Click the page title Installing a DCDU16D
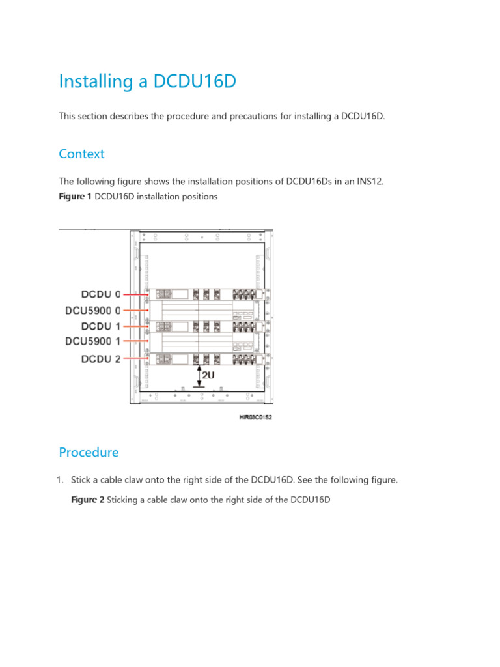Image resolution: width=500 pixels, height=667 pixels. [147, 82]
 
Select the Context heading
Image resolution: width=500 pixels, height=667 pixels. [81, 154]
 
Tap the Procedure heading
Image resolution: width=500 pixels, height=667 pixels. [89, 452]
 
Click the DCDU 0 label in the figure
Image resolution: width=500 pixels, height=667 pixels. [101, 294]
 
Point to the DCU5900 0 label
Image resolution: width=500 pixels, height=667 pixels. [93, 310]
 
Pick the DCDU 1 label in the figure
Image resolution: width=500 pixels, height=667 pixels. [101, 326]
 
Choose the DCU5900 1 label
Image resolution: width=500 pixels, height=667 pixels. [93, 342]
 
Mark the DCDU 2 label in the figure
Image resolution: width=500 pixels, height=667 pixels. [101, 358]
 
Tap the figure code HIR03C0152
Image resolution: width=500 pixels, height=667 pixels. [255, 418]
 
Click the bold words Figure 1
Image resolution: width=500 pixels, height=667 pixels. [75, 197]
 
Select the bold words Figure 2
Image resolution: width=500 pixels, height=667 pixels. [87, 500]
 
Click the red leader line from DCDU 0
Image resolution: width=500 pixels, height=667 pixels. [135, 294]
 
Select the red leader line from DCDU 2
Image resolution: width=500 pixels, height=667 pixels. [135, 358]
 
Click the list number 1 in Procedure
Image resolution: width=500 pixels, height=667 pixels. [59, 480]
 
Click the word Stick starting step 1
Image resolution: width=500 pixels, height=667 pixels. [81, 480]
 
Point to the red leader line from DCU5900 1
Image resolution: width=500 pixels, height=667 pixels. [135, 342]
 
